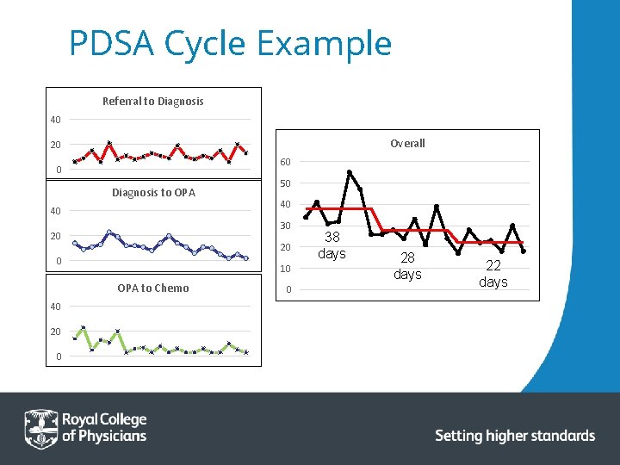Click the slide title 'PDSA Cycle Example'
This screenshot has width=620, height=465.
click(x=230, y=43)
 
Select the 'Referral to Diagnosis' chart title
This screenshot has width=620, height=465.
click(x=152, y=102)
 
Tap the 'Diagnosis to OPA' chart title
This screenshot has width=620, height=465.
click(x=153, y=193)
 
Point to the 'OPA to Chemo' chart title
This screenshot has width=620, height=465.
click(x=152, y=288)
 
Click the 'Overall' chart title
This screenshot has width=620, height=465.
click(x=407, y=143)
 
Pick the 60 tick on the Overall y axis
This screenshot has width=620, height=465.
click(x=285, y=162)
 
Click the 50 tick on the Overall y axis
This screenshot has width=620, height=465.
click(x=285, y=183)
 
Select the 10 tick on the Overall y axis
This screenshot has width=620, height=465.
click(x=285, y=269)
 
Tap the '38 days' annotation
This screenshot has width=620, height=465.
click(x=332, y=245)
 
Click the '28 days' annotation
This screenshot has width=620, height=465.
click(x=407, y=266)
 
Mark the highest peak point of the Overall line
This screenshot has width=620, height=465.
click(x=350, y=172)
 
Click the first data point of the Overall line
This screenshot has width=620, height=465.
click(x=306, y=217)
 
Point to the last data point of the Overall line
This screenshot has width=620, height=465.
click(x=524, y=251)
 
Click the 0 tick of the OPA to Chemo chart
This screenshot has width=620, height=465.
click(x=55, y=356)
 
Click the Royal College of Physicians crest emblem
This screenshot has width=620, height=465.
click(x=40, y=428)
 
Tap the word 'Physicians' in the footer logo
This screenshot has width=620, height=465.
click(x=104, y=436)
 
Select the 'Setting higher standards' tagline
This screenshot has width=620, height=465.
click(x=515, y=436)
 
